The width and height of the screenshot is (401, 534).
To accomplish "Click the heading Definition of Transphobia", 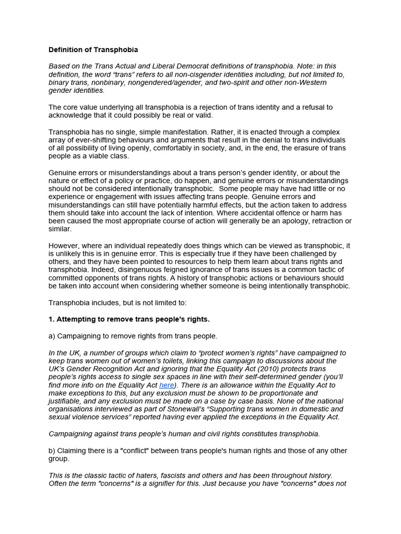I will pyautogui.click(x=93, y=50).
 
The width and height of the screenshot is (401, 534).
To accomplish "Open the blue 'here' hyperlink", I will pyautogui.click(x=167, y=385).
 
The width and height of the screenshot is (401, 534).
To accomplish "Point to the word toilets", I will pyautogui.click(x=196, y=361).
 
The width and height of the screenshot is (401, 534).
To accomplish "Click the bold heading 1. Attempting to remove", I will pyautogui.click(x=129, y=319).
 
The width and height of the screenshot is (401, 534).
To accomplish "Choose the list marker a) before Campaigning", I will pyautogui.click(x=52, y=336).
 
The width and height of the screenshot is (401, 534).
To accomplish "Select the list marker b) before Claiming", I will pyautogui.click(x=52, y=451).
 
